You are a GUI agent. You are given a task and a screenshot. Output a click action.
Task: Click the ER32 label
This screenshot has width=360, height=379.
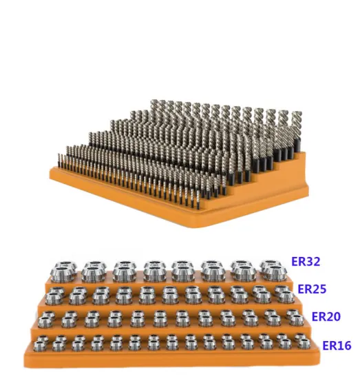(306, 263)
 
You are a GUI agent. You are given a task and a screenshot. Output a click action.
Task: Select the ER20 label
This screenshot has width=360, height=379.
(327, 316)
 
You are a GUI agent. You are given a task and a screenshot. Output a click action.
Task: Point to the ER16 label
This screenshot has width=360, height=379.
(337, 344)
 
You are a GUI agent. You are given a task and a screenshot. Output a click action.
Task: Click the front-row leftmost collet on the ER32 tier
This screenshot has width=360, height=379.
(64, 274)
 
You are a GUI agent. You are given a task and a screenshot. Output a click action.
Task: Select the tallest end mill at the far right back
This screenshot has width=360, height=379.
(295, 127)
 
